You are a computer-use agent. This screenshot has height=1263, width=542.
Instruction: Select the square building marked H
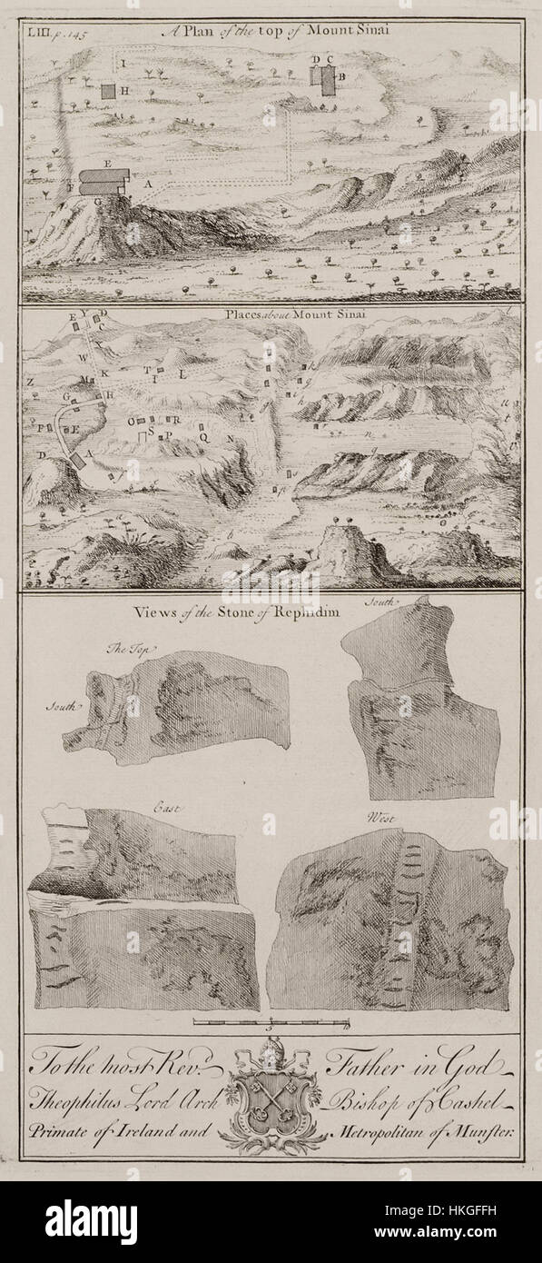tap(108, 91)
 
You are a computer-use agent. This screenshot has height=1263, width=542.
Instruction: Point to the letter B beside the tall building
tap(342, 78)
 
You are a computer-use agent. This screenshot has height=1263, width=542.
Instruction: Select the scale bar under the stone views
tap(271, 1024)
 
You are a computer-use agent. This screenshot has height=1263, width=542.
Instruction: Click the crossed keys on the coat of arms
tap(271, 1101)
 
